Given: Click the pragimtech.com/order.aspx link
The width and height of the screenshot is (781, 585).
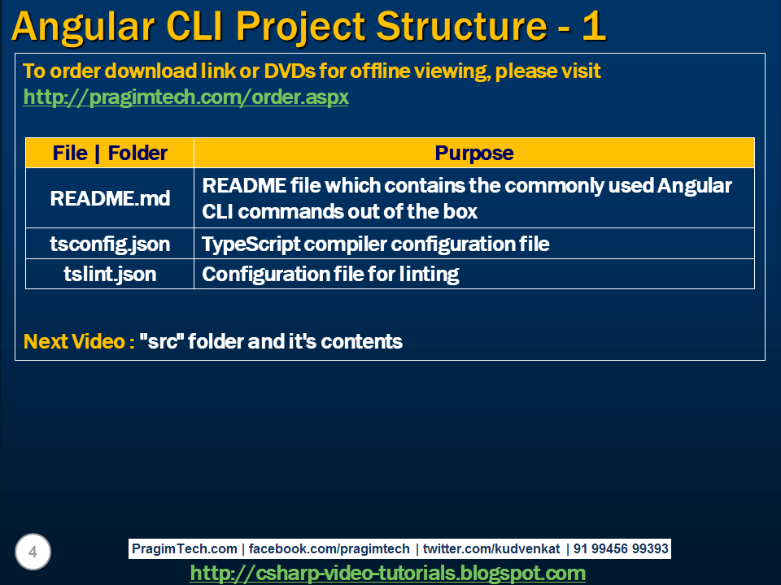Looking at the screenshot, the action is click(185, 97).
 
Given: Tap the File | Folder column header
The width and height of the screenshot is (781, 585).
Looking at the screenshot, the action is click(110, 153).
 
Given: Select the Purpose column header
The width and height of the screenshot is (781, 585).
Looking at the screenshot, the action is click(474, 153).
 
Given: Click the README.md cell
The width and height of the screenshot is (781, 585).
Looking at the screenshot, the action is click(110, 198).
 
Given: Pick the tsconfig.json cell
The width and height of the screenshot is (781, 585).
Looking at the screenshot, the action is click(110, 244).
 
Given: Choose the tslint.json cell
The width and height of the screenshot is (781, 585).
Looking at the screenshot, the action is click(110, 275).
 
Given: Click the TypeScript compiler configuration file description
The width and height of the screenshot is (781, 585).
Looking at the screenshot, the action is click(375, 244).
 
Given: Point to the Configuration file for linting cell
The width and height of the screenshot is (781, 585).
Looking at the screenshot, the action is click(330, 275).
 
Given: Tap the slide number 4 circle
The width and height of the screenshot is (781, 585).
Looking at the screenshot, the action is click(33, 552).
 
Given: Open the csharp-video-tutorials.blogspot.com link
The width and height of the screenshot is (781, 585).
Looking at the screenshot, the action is click(387, 573).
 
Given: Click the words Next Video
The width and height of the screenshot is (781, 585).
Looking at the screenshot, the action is click(79, 341).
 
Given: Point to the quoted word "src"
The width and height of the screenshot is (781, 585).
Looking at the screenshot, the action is click(162, 341).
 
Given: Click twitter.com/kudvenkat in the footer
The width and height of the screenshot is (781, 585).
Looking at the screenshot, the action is click(491, 549).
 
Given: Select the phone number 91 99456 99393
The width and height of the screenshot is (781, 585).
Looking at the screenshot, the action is click(621, 549).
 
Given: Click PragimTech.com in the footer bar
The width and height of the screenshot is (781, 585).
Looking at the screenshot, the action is click(185, 549).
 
